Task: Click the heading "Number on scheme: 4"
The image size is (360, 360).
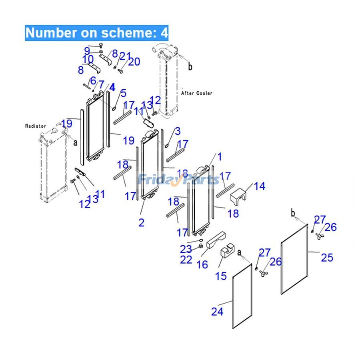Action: pos(97,33)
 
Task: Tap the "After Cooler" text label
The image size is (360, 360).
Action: pos(197,93)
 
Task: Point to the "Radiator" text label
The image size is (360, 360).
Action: pos(36,126)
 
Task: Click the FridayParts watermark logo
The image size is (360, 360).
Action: pos(179,180)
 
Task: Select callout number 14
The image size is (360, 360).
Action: pos(259,186)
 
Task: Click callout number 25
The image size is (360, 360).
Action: pos(327,257)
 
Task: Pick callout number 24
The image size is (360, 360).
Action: pos(217,311)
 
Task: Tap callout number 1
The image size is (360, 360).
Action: pos(219,156)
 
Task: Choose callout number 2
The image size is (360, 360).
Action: pos(141,223)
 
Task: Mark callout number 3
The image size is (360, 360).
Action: pos(177,131)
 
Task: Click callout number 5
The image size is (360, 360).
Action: pos(123,93)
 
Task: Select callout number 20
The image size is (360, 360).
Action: pos(134,61)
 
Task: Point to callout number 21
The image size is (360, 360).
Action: pos(125,56)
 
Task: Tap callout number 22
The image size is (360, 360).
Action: pos(186,260)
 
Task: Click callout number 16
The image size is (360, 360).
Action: pos(202,264)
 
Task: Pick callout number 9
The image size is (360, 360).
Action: pos(87,51)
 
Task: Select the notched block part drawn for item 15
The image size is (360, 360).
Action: pos(227,253)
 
